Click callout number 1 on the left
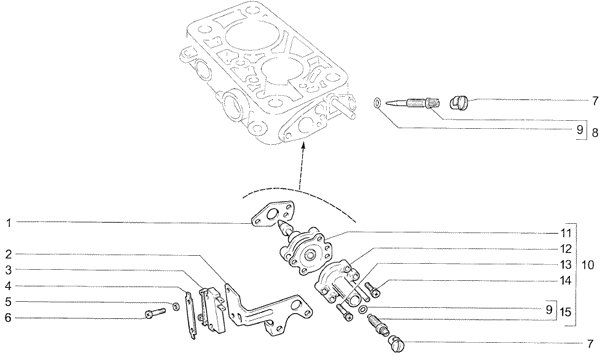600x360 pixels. pos(8,223)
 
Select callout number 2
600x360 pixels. pos(8,254)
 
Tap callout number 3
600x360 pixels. pos(8,270)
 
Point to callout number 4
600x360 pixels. pos(8,286)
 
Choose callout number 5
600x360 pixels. pos(8,302)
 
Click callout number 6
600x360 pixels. pos(8,318)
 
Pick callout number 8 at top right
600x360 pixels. pos(594,133)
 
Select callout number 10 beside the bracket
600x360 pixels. pos(588,265)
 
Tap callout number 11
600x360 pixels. pos(566,233)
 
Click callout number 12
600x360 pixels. pos(566,249)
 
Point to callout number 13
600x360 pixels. pos(566,265)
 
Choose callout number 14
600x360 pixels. pos(566,281)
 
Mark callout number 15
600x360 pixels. pos(565,312)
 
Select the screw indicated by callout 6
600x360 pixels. pos(155,313)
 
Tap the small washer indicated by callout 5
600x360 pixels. pos(176,306)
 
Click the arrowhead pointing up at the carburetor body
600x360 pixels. pos(303,145)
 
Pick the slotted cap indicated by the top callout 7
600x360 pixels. pos(458,103)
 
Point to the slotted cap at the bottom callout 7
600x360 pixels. pos(396,342)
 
